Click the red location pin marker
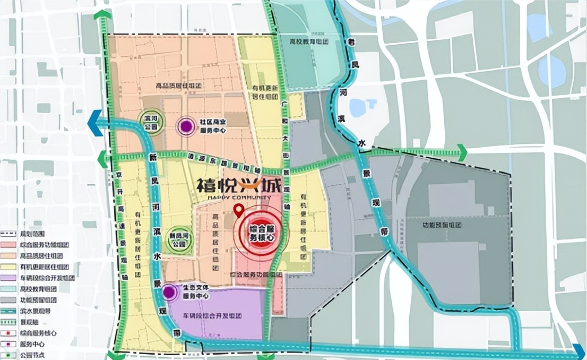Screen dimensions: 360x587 [x=239, y=210]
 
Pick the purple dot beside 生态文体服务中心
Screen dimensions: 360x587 [x=170, y=292]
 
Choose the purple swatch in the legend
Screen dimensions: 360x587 [x=8, y=277]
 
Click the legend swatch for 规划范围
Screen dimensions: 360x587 [x=8, y=233]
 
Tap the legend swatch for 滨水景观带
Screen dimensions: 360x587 [x=8, y=311]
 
